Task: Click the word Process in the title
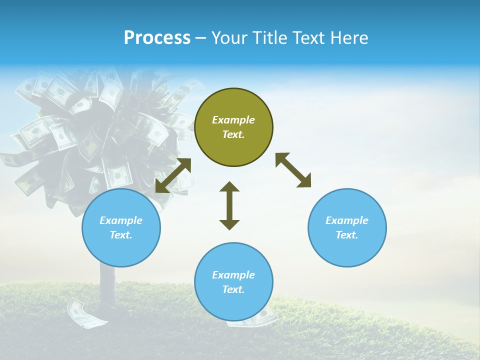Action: (157, 38)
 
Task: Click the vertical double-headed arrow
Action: (229, 205)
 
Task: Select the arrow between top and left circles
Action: (173, 175)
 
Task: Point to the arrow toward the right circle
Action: (293, 170)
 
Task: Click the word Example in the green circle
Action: (233, 120)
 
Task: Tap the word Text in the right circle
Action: (346, 235)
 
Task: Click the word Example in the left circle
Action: (121, 220)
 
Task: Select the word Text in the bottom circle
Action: (233, 289)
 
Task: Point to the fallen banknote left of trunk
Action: (81, 312)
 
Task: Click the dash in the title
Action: (200, 38)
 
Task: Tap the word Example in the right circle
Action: (347, 220)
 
